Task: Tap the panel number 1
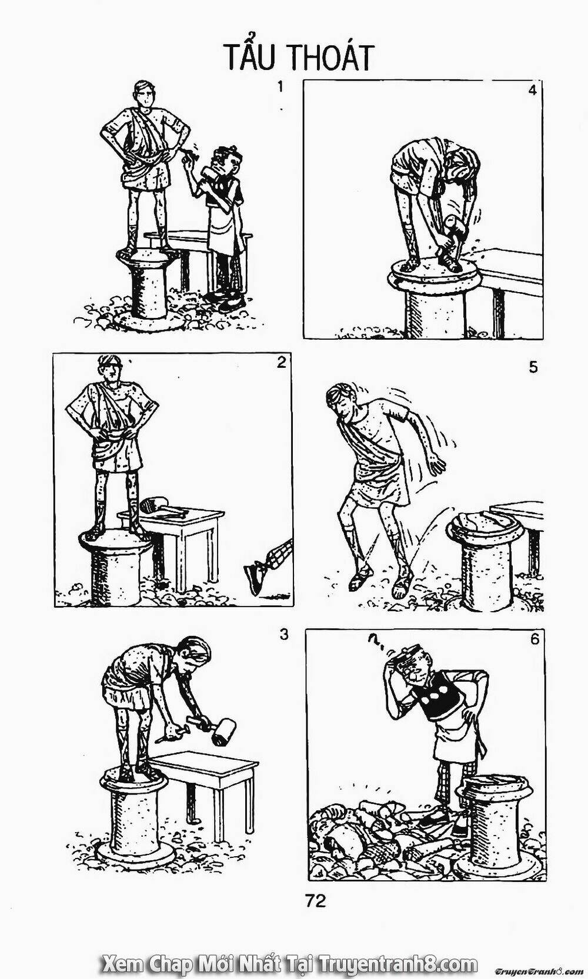[279, 87]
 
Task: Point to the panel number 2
[282, 363]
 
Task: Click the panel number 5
[532, 367]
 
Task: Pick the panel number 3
[284, 633]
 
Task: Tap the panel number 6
[534, 639]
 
